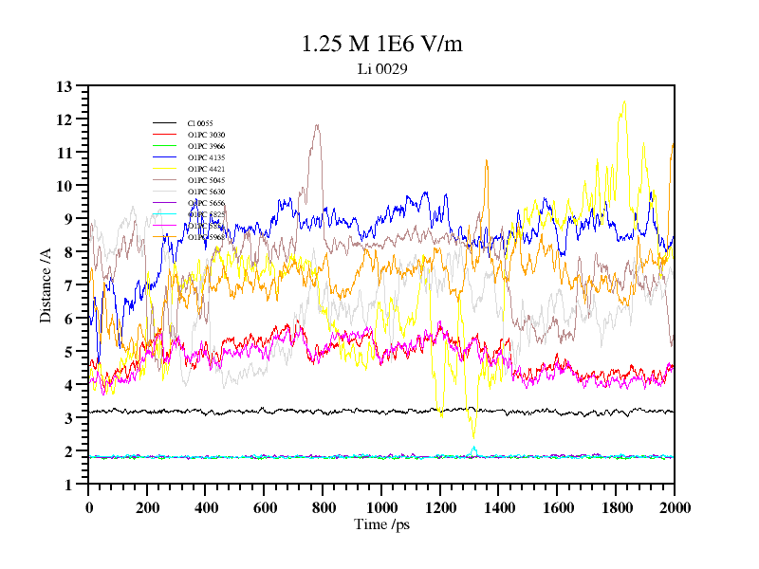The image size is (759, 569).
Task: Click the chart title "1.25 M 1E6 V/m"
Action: (x=381, y=45)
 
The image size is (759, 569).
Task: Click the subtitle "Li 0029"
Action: (x=382, y=68)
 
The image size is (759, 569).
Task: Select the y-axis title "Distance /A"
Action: (x=46, y=284)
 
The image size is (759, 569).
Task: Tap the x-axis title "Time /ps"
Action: (x=380, y=524)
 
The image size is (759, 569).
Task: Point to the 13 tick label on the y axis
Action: (x=65, y=86)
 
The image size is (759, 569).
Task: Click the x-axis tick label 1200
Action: (x=440, y=507)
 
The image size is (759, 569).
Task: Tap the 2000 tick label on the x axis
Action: (x=675, y=507)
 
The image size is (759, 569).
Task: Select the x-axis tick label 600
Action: (x=265, y=507)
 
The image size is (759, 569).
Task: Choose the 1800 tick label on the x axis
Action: (x=616, y=507)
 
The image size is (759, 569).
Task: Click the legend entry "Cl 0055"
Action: (x=200, y=123)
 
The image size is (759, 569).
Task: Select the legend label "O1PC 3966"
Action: (x=206, y=146)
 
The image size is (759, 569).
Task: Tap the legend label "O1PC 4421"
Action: (x=206, y=169)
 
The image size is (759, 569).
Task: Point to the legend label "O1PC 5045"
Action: (x=206, y=180)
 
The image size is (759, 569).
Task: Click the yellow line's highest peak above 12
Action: (x=624, y=101)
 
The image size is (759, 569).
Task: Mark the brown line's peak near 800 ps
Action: (x=316, y=125)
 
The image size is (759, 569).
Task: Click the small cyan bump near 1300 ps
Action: (x=473, y=449)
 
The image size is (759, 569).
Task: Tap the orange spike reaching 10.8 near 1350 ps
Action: (x=487, y=161)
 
